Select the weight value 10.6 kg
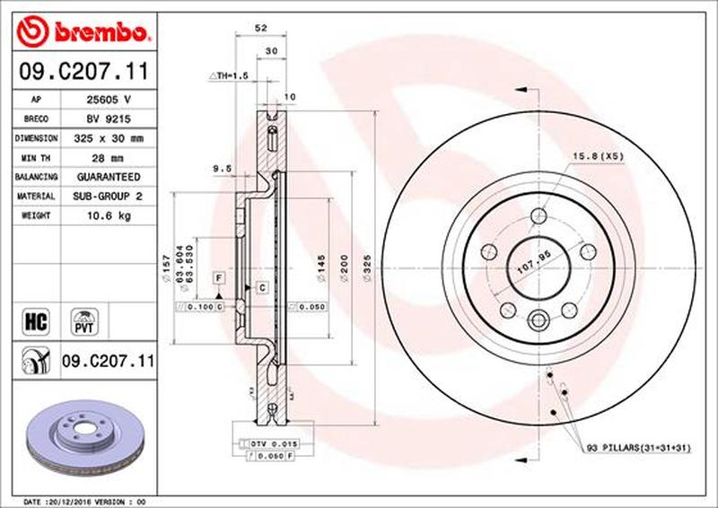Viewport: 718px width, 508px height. click(x=108, y=216)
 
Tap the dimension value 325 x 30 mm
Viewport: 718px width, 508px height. click(x=108, y=138)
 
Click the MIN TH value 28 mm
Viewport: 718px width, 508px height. click(x=108, y=158)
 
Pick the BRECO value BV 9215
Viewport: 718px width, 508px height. click(x=108, y=118)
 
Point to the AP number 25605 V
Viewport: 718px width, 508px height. click(x=108, y=100)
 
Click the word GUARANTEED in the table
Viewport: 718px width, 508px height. click(x=108, y=177)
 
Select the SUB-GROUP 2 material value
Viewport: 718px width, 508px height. click(x=108, y=197)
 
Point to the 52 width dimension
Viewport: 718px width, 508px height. click(x=261, y=29)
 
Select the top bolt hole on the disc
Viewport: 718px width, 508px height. click(x=538, y=215)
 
